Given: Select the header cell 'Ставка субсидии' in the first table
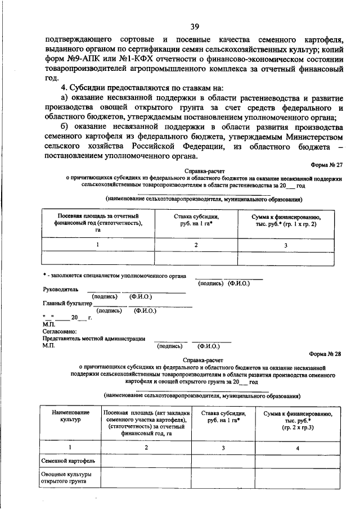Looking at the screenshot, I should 196,220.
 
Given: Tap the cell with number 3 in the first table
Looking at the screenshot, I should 285,245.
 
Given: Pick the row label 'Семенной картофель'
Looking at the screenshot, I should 64,461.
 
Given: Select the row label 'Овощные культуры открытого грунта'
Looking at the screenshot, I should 63,478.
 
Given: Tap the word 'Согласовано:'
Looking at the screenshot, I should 60,331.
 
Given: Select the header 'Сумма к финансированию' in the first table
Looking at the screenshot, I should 285,220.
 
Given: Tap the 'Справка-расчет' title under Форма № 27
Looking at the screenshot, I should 202,170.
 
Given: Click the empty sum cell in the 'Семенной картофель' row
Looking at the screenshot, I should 298,461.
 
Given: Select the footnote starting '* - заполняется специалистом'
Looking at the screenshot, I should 115,277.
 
